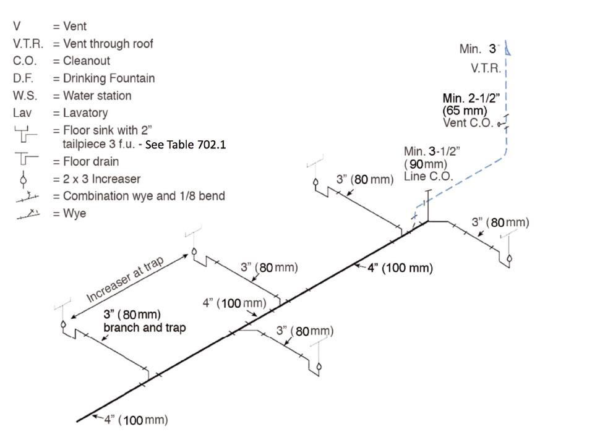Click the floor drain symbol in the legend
(25, 161)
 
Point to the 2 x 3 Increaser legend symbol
(25, 179)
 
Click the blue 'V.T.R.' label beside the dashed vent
(486, 69)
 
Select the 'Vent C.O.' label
(468, 122)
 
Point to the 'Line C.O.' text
(429, 176)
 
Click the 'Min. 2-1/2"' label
(470, 98)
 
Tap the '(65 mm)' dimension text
(465, 110)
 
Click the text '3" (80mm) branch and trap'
(144, 322)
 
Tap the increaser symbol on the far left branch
(63, 324)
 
